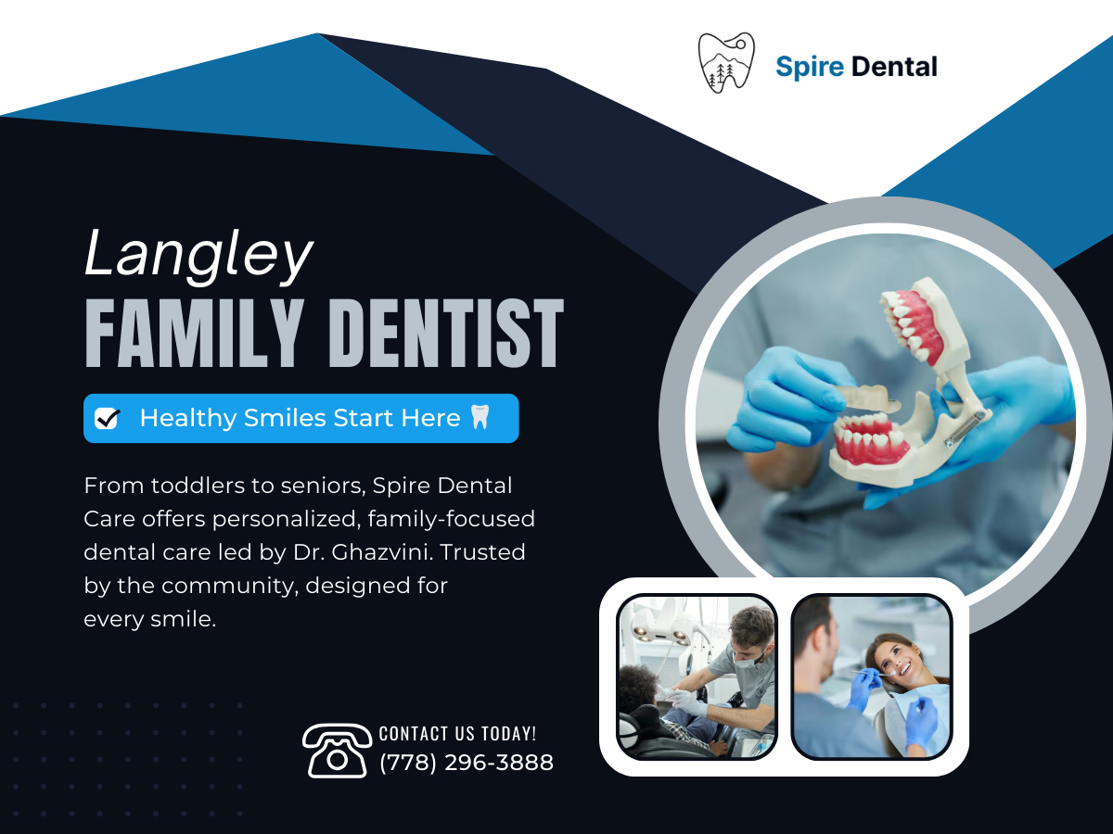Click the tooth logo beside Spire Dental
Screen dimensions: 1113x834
tap(726, 63)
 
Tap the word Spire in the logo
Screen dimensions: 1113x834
tap(810, 68)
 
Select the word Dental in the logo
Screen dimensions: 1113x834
tap(894, 67)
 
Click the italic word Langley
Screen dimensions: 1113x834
tap(198, 255)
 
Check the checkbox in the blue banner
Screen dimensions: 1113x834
tap(108, 419)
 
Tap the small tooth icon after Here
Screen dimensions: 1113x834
tap(480, 417)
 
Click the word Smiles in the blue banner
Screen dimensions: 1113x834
tap(285, 418)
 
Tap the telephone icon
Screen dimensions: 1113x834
tap(338, 751)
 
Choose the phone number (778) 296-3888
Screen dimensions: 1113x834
tap(467, 763)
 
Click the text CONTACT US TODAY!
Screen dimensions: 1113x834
tap(457, 734)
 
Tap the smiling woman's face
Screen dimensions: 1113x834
tap(895, 661)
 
